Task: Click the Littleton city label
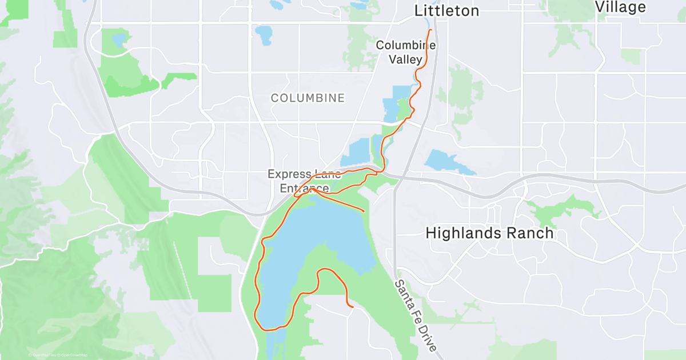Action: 446,10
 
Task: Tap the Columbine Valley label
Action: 406,52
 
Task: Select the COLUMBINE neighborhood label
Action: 308,98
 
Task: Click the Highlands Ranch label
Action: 490,233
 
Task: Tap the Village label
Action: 620,7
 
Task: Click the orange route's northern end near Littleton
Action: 430,29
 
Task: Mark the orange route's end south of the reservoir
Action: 353,307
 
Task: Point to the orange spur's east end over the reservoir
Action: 364,211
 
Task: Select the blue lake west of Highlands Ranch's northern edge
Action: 449,162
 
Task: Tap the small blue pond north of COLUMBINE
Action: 265,35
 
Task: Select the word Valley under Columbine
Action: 406,59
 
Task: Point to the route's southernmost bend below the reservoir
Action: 269,329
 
